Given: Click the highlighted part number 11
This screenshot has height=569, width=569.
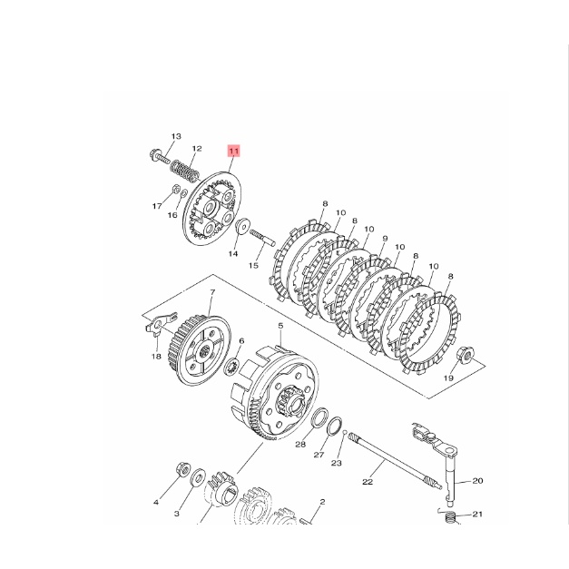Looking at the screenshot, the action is point(234,151).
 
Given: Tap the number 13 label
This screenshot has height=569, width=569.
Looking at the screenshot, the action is point(176,136).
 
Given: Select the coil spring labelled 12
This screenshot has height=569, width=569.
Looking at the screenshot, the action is point(185,172).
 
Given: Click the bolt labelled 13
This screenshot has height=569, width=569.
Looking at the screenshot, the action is point(160,156).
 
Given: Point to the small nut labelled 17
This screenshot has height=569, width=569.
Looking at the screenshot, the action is point(175,189).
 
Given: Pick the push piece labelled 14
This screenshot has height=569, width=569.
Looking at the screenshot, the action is point(243,226).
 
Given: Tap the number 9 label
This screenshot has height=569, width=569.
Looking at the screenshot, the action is point(385,239).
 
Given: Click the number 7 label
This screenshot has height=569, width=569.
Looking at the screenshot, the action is point(212,292).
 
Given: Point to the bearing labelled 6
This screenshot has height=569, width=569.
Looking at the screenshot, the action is point(231,367).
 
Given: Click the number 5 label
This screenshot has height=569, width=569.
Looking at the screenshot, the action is point(280,326).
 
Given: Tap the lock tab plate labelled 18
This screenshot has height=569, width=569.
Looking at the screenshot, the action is point(161,322).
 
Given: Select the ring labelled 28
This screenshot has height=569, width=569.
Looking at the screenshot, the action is point(320,417).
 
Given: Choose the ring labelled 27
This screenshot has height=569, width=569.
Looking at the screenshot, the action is point(335,426).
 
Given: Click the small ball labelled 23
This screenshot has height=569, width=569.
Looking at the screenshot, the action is point(345,432).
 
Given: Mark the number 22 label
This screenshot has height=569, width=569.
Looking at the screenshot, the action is point(368,482).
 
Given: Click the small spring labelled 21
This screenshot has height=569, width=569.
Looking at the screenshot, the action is point(450,516).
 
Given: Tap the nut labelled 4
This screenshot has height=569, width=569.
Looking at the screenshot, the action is point(183,469).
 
